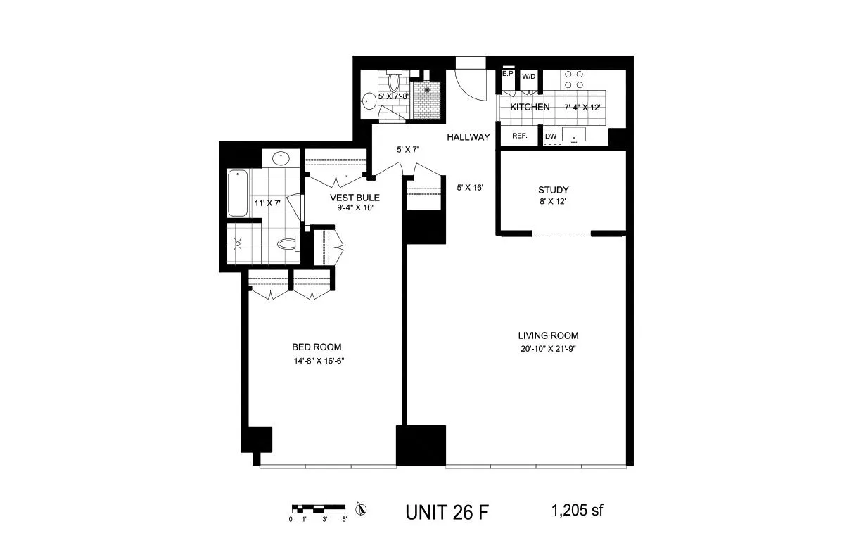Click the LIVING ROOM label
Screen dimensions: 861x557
coord(548,335)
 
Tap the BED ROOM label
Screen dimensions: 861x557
coord(317,347)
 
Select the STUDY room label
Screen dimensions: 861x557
coord(553,190)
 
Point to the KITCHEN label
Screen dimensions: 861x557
coord(530,107)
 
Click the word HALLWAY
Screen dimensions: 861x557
coord(468,137)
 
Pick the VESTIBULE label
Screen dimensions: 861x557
coord(355,198)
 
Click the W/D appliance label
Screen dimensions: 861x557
coord(528,77)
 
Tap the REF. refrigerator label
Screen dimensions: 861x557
coord(520,136)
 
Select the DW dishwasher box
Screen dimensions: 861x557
coord(551,136)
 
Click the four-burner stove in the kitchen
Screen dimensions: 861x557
coord(573,79)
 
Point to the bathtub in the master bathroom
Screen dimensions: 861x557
coord(238,193)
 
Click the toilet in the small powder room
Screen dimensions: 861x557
coord(394,80)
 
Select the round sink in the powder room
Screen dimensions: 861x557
coord(369,101)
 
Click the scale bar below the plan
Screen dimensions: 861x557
coord(318,509)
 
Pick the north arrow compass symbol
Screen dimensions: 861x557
coord(361,509)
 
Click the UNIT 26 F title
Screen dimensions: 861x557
coord(447,513)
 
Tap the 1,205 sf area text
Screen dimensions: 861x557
coord(577,511)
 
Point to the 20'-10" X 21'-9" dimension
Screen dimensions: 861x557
coord(548,349)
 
